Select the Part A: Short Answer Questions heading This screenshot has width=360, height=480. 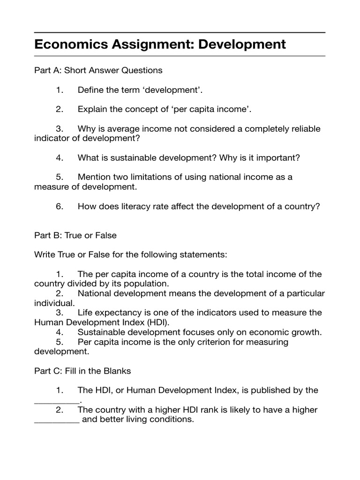coord(98,70)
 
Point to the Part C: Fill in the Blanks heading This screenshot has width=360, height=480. coord(82,371)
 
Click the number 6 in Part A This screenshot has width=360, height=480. coord(60,206)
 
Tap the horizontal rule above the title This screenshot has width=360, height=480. coord(180,33)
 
